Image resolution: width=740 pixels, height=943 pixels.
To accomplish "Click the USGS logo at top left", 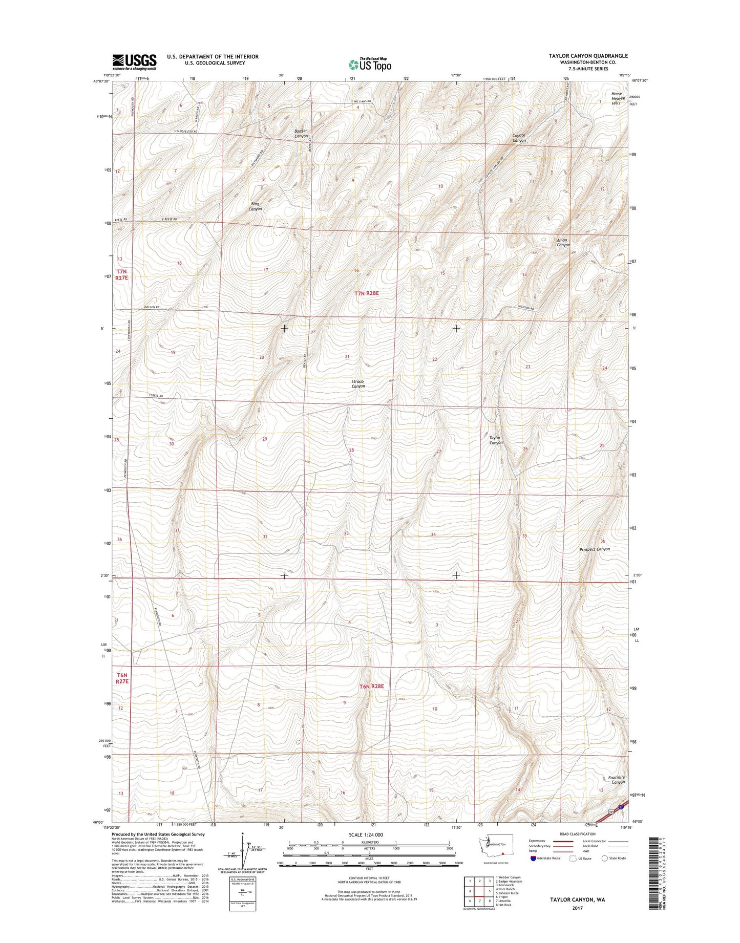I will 134,62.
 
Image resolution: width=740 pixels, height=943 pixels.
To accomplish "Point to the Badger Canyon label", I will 301,134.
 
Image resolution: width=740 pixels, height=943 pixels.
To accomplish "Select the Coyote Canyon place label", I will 519,138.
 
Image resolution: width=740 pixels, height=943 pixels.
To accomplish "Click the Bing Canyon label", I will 255,206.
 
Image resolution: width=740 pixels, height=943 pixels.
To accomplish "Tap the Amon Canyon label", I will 563,243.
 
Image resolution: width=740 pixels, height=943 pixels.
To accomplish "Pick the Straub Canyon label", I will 358,383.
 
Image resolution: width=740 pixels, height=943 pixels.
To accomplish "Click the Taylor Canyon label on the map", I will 495,440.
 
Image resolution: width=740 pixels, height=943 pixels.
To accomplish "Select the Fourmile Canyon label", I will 617,780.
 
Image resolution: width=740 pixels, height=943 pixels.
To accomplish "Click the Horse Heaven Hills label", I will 616,98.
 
